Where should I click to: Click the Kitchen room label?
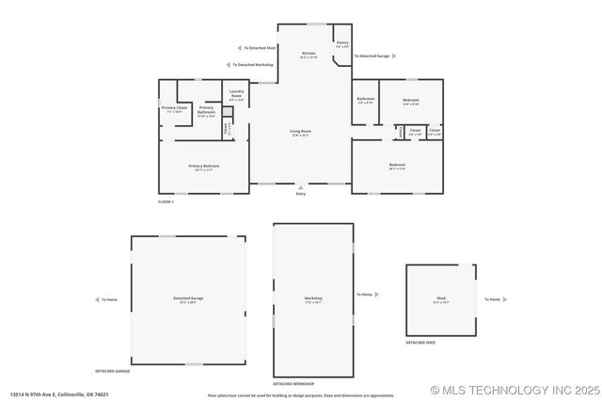pyautogui.click(x=308, y=54)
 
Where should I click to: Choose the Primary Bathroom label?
pyautogui.click(x=205, y=109)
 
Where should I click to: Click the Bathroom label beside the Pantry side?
pyautogui.click(x=365, y=99)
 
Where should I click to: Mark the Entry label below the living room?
pyautogui.click(x=301, y=193)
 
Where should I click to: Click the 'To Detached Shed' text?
pyautogui.click(x=260, y=47)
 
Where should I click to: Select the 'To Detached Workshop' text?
pyautogui.click(x=254, y=64)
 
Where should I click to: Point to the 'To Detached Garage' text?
pyautogui.click(x=372, y=56)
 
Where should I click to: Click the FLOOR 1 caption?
pyautogui.click(x=166, y=201)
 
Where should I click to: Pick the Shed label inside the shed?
pyautogui.click(x=440, y=299)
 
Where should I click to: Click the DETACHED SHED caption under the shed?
pyautogui.click(x=420, y=343)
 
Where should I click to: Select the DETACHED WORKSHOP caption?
pyautogui.click(x=293, y=384)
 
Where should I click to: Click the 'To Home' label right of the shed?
pyautogui.click(x=492, y=299)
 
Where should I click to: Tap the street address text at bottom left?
pyautogui.click(x=59, y=394)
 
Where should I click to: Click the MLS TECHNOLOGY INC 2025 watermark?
pyautogui.click(x=514, y=390)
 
